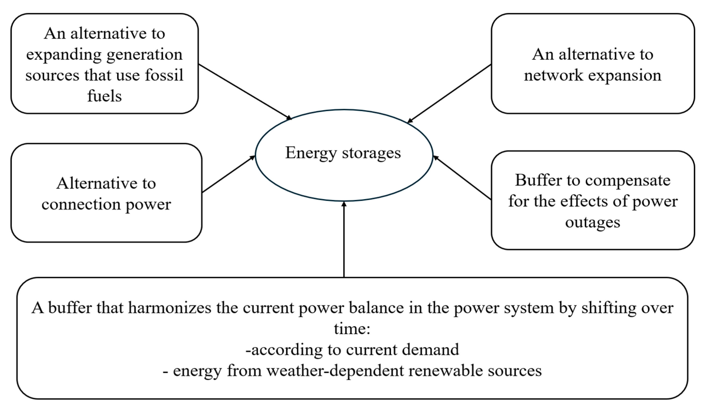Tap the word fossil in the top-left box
click(164, 75)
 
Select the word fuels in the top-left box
click(104, 96)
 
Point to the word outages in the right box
click(592, 222)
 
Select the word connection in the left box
click(81, 204)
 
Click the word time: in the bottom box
click(352, 328)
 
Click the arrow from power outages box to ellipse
click(462, 178)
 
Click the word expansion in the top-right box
click(625, 75)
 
